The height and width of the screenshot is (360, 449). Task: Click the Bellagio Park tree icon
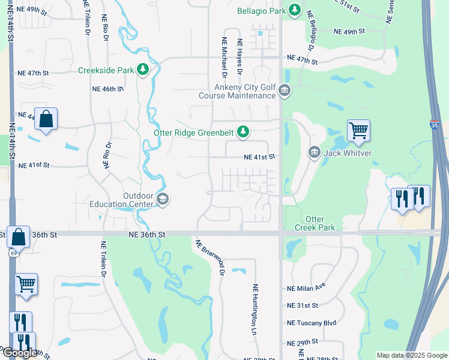295,10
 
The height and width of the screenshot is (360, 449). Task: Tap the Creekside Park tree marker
143,70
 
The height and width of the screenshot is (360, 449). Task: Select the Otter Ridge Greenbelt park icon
243,131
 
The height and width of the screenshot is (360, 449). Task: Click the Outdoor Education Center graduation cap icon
161,199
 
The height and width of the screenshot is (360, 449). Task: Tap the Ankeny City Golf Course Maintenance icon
284,91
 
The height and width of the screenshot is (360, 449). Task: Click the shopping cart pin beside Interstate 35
358,130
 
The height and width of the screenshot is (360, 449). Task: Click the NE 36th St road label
146,236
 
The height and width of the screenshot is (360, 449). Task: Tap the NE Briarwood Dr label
209,257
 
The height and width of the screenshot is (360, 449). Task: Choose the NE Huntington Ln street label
255,309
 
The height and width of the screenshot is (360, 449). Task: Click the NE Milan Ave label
306,288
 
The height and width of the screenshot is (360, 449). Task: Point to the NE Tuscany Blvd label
312,322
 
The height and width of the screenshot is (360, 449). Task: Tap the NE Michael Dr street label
224,58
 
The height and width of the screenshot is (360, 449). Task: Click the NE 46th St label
107,88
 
